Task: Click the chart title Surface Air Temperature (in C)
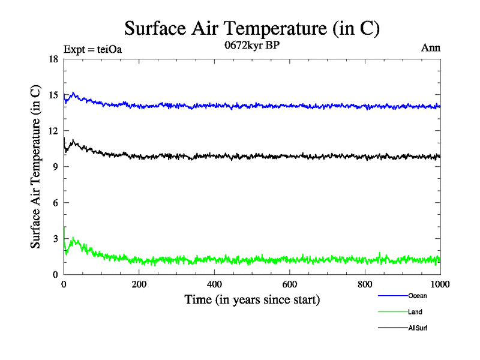[x=252, y=28]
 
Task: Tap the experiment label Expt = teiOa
[x=92, y=50]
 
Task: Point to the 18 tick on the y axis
[x=53, y=59]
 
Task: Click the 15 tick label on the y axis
[x=53, y=95]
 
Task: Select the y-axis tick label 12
[x=53, y=131]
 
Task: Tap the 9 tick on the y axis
[x=55, y=167]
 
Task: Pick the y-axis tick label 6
[x=55, y=203]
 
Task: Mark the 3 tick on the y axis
[x=55, y=239]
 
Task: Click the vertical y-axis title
[x=37, y=167]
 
